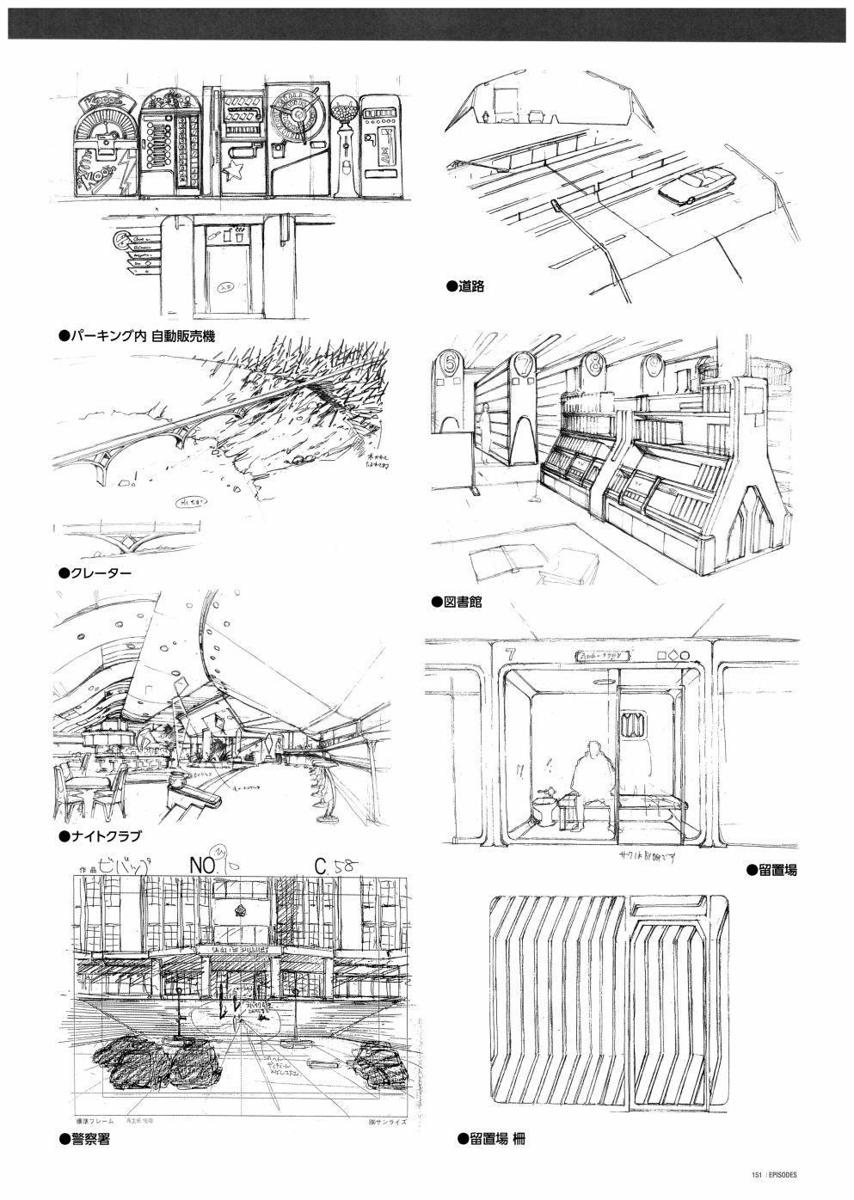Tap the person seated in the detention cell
point(593,769)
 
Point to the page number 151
point(757,1176)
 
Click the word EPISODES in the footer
point(783,1176)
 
